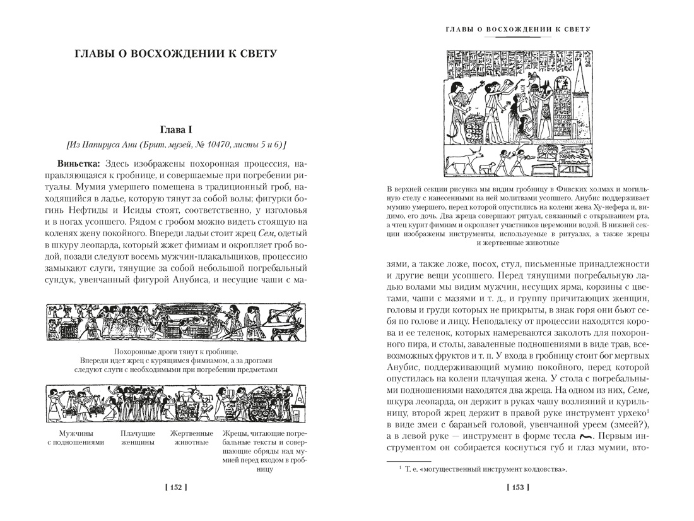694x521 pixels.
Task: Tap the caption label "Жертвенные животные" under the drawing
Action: pos(189,438)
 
